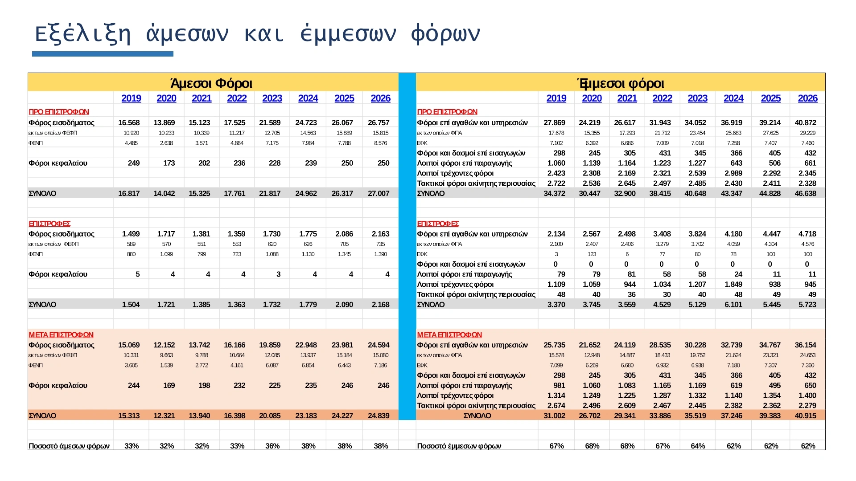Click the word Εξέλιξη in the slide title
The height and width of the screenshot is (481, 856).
(82, 34)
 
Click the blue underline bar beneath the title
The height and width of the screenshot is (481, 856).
(103, 54)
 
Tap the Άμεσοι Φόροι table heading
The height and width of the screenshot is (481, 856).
(211, 83)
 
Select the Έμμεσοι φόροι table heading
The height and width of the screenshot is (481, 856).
(620, 83)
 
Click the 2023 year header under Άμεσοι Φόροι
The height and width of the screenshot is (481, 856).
(272, 98)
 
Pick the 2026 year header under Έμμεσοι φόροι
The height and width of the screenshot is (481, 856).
(807, 98)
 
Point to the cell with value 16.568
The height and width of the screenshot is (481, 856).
(129, 122)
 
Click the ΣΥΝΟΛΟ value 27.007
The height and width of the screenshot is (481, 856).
(379, 193)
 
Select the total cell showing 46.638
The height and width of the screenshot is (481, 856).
(805, 193)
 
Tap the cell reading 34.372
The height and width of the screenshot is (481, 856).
(554, 193)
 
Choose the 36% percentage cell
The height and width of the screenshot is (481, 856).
(272, 446)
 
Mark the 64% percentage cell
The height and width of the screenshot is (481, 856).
(698, 446)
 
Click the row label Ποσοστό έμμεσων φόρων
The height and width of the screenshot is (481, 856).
(459, 446)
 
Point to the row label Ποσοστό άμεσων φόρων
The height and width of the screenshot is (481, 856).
(69, 446)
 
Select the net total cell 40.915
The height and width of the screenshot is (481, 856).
(805, 416)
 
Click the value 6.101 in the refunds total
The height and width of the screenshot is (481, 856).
(733, 305)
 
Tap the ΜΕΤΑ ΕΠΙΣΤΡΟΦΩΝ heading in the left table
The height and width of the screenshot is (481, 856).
(61, 335)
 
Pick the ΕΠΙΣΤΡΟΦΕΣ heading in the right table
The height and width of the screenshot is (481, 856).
(438, 224)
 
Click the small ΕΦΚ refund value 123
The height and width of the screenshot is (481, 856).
(592, 254)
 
